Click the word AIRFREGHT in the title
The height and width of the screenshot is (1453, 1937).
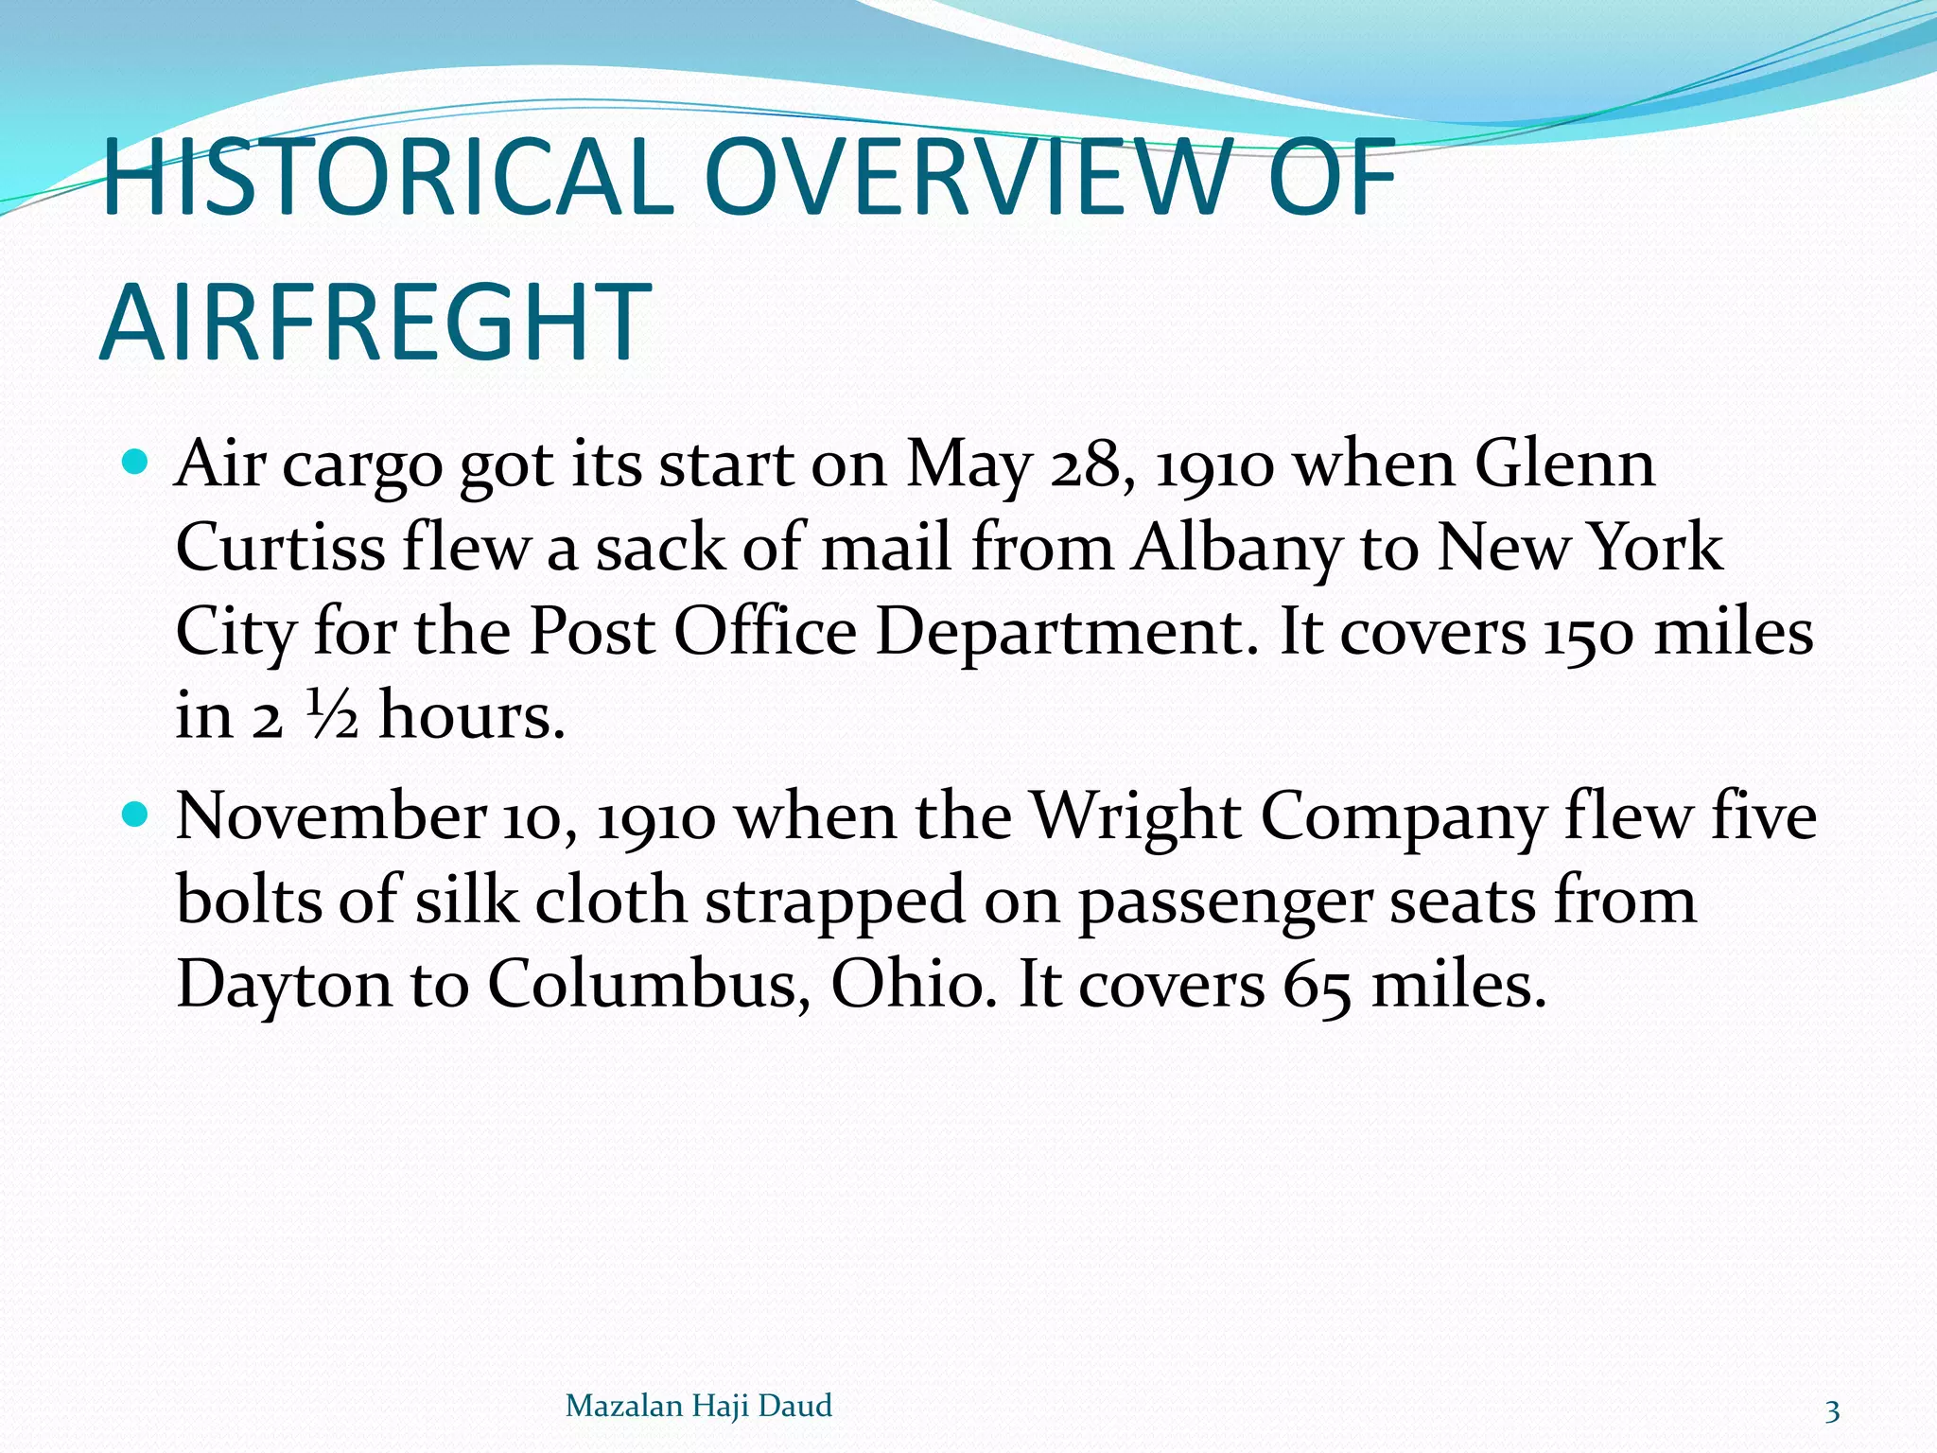pos(375,324)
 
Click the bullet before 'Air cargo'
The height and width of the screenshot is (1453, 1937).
pos(136,464)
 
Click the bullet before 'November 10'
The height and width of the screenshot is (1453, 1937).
pos(136,813)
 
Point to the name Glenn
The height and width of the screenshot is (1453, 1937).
pos(1564,465)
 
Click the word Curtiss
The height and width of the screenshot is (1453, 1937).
pos(280,549)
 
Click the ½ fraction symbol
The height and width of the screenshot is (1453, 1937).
pos(332,714)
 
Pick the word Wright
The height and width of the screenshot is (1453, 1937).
pos(1134,815)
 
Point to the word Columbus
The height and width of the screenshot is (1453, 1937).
pos(648,984)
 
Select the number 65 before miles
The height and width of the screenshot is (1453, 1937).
pos(1317,986)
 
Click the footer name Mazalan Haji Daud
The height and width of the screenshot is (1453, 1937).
pos(698,1406)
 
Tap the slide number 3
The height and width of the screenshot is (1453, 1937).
pos(1832,1411)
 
